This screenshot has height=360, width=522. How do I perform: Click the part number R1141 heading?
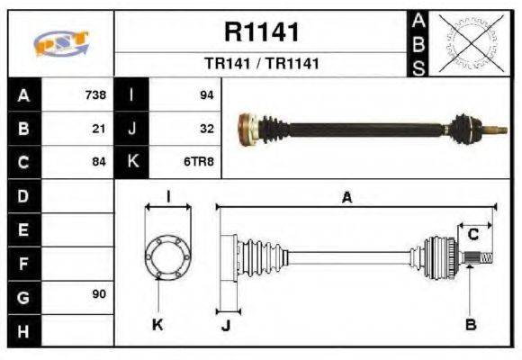[261, 32]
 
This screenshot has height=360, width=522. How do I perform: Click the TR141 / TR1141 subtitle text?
[261, 64]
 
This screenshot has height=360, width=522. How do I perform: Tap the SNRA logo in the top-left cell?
[60, 44]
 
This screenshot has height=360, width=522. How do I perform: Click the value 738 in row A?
[95, 94]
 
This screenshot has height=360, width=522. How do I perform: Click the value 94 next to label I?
[206, 94]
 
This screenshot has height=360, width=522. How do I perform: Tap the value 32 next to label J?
[206, 129]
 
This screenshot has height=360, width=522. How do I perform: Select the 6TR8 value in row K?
[200, 162]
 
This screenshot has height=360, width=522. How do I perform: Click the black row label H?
[23, 330]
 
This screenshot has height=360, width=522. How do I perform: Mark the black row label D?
[23, 195]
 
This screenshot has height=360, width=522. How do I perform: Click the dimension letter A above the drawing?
[346, 198]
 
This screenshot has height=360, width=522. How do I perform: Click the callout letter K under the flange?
[157, 324]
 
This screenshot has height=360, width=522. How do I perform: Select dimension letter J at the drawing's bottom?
[226, 326]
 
